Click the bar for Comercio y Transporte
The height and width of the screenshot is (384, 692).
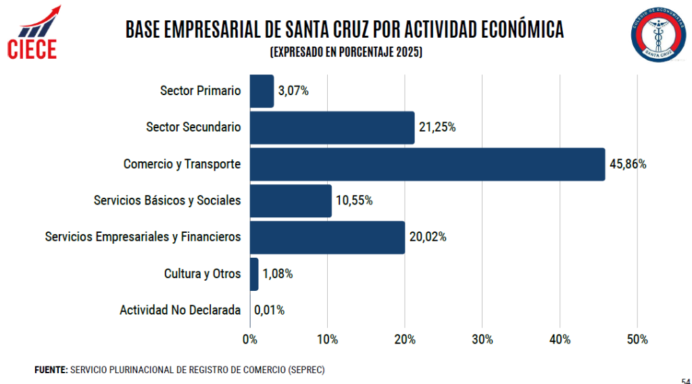tap(427, 164)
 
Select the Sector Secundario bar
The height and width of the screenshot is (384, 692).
tap(332, 128)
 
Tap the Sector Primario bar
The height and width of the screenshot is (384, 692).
tap(262, 91)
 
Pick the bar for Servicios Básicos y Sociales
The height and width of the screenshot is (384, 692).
tap(291, 200)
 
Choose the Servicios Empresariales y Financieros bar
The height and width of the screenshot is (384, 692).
tap(327, 237)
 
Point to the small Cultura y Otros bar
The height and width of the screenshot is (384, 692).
tap(254, 274)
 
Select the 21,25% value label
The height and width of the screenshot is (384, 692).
tap(437, 128)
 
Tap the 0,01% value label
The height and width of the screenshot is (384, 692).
tap(270, 310)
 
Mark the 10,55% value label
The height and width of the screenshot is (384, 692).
tap(354, 200)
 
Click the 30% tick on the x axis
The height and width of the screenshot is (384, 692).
tap(483, 339)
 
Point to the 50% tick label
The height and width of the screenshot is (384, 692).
tap(637, 339)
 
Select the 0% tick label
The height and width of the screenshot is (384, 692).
tap(250, 339)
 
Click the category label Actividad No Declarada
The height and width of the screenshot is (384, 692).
tap(180, 310)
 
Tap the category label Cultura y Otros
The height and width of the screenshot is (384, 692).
tap(202, 274)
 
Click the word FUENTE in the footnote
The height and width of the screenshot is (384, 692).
tap(51, 371)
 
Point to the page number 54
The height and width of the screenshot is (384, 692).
tap(685, 379)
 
